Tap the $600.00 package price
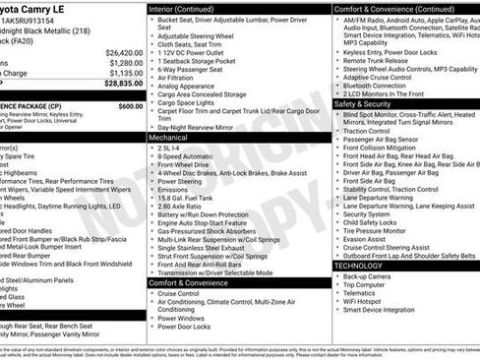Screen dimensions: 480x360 pos(130,105)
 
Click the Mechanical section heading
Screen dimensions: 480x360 pos(170,139)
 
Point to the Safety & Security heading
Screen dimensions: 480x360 pos(363,102)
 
